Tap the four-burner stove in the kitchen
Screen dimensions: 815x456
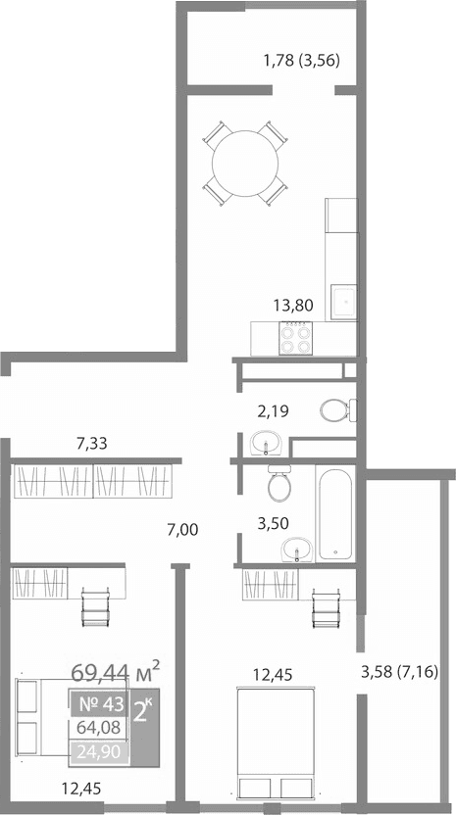pos(295,339)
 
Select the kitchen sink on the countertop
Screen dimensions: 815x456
pos(343,302)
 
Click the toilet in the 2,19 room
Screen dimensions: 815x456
pos(334,408)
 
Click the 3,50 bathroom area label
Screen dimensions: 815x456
pos(274,524)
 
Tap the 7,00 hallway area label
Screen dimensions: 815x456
pos(182,530)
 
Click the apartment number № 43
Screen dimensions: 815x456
pos(99,702)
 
